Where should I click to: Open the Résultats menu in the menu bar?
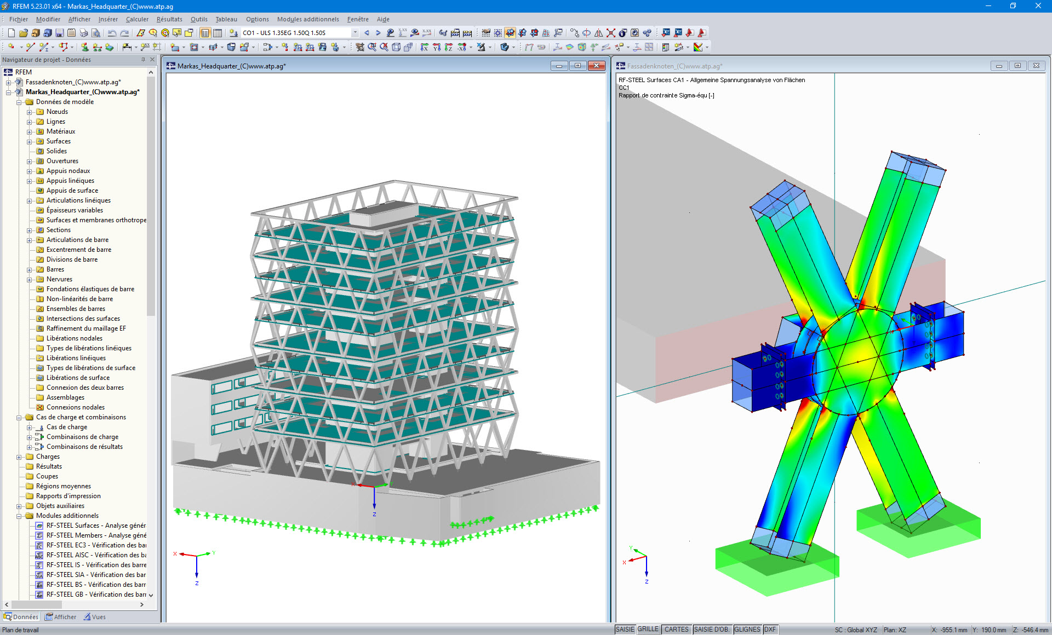[169, 19]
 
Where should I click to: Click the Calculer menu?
[137, 19]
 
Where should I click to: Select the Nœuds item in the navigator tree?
[57, 112]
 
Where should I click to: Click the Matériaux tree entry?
[61, 131]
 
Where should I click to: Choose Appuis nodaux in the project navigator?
[68, 171]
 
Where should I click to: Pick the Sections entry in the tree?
[58, 230]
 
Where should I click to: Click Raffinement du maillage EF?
[86, 328]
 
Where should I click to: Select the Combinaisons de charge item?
[82, 437]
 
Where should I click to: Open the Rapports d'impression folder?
[68, 496]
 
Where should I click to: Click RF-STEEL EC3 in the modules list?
[96, 545]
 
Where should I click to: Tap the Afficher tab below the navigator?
[61, 617]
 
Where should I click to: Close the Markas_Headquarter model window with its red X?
[596, 66]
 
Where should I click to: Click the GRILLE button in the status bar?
[648, 630]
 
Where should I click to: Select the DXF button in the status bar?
[770, 630]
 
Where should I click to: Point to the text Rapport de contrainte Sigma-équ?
[666, 95]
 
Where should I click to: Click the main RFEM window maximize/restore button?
[1013, 6]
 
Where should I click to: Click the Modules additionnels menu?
[308, 19]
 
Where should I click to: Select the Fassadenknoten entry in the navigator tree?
[73, 82]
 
